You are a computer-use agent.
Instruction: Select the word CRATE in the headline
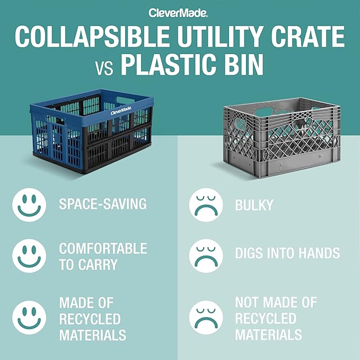click(310, 37)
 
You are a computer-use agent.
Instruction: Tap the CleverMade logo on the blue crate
click(121, 111)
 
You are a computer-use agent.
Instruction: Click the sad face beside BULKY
click(206, 205)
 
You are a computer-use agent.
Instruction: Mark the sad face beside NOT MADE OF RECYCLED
click(206, 318)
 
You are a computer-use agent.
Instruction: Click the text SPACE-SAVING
click(103, 204)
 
